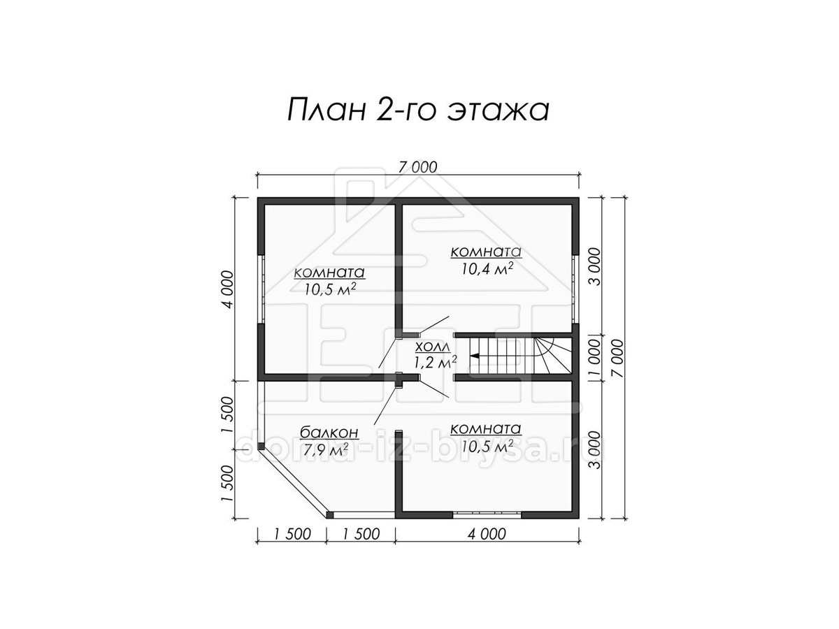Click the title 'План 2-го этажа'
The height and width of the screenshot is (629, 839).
pos(418,110)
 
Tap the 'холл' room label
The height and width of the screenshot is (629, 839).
pos(433,347)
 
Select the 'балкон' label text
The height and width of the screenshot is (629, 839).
pos(329,433)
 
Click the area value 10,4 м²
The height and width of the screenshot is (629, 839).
pos(487,269)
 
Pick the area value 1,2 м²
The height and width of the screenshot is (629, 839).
pos(436,361)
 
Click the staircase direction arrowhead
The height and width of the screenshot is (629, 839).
pos(474,356)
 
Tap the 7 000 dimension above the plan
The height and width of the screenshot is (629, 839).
pos(417,167)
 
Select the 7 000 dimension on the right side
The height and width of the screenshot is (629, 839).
pos(617,358)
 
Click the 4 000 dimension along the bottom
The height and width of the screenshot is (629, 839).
pos(487,533)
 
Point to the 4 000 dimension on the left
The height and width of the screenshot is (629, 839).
pos(228,289)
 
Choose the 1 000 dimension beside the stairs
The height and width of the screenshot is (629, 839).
pos(594,359)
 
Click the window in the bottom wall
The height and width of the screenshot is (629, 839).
pos(487,514)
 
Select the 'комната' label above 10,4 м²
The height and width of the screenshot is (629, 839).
pos(486,252)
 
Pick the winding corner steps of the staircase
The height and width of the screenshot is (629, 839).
pos(553,356)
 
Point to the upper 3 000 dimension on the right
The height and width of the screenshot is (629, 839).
pos(594,266)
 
